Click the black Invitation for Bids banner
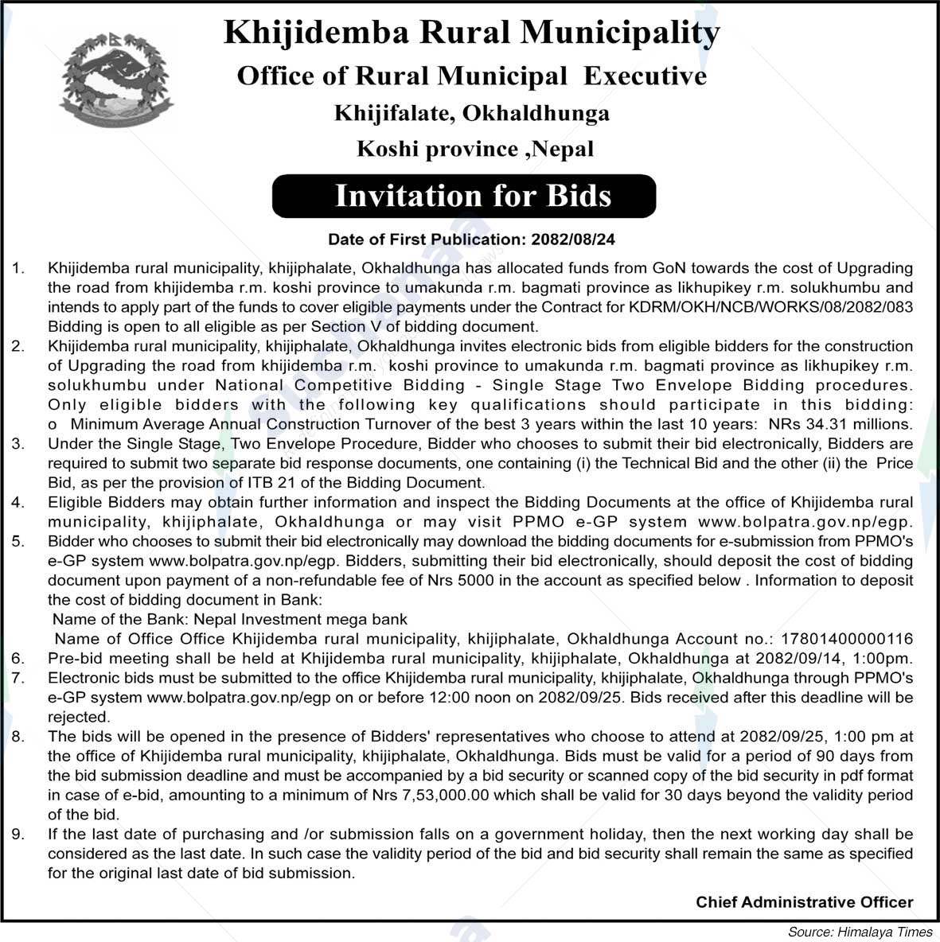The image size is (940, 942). (464, 196)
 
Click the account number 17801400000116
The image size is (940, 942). (847, 639)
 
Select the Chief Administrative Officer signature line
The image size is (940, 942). (804, 901)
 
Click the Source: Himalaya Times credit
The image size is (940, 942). (860, 932)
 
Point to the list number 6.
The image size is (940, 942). (18, 659)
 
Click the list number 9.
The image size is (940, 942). (18, 834)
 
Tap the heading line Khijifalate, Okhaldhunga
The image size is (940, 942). (471, 113)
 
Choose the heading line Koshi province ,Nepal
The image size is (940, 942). (475, 149)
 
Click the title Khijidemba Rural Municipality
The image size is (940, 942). (471, 33)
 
